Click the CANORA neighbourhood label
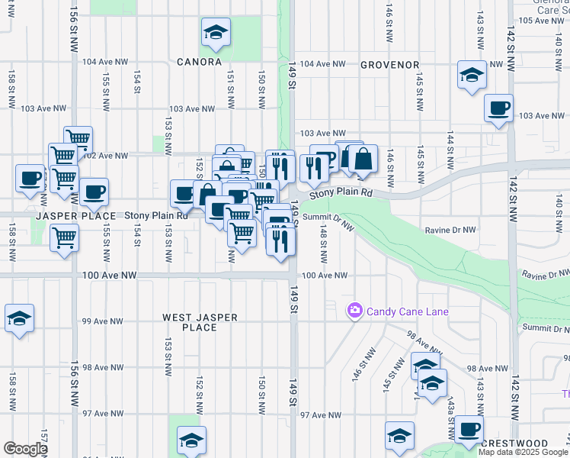click(199, 62)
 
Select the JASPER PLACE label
click(69, 217)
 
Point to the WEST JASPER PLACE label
click(200, 322)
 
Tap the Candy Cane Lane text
click(407, 311)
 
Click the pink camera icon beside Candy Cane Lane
click(354, 311)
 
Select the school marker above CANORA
click(216, 32)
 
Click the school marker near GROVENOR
click(472, 75)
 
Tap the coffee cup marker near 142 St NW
click(498, 108)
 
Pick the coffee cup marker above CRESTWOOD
click(469, 430)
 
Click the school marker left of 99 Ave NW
click(19, 318)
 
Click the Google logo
click(25, 449)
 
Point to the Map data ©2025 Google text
click(524, 452)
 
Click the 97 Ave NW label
click(320, 415)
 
